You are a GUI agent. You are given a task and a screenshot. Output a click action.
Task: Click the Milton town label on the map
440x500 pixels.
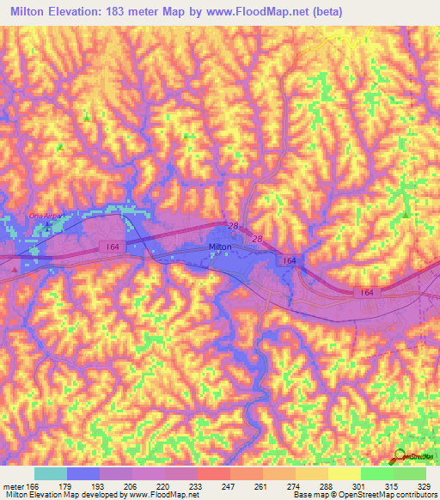[x=221, y=247]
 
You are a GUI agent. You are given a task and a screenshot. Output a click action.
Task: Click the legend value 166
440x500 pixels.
[x=33, y=485]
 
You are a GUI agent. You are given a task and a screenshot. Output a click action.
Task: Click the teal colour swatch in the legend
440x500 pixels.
[x=51, y=473]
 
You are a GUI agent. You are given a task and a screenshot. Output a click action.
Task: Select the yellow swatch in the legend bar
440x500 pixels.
[x=344, y=473]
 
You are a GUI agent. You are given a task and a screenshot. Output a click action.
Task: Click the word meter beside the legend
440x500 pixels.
[x=13, y=485]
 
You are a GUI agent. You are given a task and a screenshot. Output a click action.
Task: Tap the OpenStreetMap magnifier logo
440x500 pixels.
[x=401, y=455]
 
